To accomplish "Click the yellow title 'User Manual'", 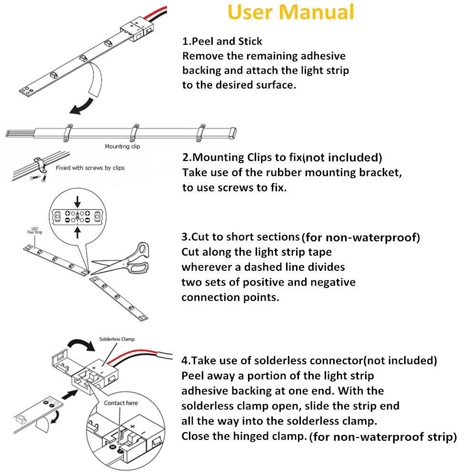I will (x=291, y=12).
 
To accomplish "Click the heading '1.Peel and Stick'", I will (x=222, y=41).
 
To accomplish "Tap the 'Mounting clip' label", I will (x=122, y=147).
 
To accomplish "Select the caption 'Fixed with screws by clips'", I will (x=90, y=168).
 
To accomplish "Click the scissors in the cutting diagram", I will (x=125, y=260).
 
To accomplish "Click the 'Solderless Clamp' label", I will (x=117, y=339).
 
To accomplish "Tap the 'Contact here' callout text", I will (x=121, y=403).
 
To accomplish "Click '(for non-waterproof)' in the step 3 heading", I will (x=361, y=237).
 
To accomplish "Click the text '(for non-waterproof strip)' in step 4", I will (x=383, y=436).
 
